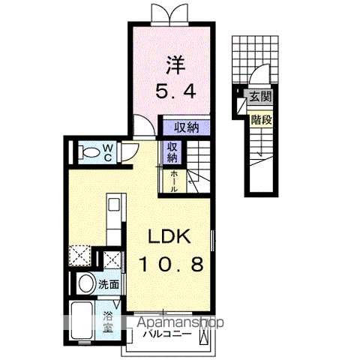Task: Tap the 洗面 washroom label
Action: tap(109, 284)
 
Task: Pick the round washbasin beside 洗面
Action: tap(85, 284)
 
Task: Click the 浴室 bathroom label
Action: tap(109, 321)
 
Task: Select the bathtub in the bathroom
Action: tap(82, 321)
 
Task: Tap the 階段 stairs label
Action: tap(260, 118)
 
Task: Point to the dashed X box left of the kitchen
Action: tap(80, 256)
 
